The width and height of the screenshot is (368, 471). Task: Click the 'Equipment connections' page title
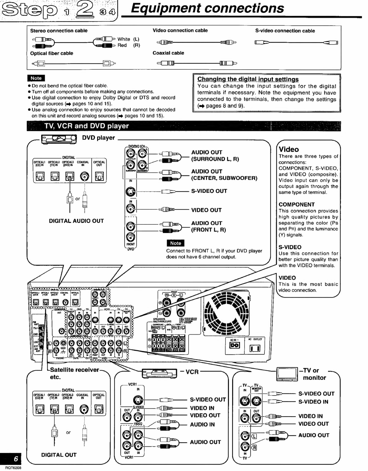(207, 8)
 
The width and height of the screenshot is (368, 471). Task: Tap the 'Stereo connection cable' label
(59, 31)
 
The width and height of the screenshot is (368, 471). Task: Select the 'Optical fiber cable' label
(52, 53)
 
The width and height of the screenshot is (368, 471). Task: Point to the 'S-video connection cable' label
(285, 31)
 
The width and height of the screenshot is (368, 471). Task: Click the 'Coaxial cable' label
(168, 53)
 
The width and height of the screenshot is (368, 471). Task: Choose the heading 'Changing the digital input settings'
(248, 79)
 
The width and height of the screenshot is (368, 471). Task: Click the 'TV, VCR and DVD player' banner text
(87, 126)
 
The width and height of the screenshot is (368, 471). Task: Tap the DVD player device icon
(59, 139)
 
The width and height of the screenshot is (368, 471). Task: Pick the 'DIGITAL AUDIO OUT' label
(76, 221)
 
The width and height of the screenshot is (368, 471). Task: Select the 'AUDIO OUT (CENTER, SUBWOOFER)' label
(224, 175)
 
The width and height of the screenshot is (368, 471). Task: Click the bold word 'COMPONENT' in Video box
(296, 204)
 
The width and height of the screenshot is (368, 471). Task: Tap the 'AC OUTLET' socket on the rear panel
(255, 348)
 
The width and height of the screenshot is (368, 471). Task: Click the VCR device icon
(159, 373)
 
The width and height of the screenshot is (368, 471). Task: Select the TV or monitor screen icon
(287, 374)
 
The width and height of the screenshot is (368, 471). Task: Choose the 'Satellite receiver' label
(74, 370)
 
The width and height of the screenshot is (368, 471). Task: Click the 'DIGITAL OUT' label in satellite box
(59, 455)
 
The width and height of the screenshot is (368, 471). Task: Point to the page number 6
(16, 459)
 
